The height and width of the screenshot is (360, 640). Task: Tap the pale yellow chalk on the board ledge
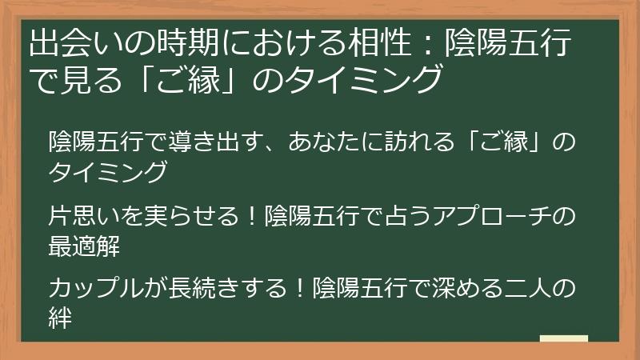pos(564,339)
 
